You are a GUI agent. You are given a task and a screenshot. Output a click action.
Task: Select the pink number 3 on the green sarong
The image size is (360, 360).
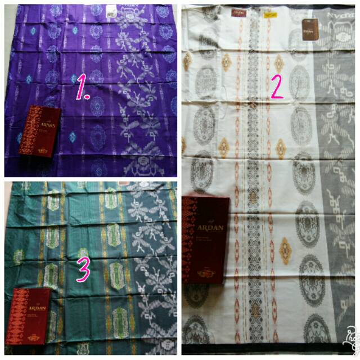point(83,269)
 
